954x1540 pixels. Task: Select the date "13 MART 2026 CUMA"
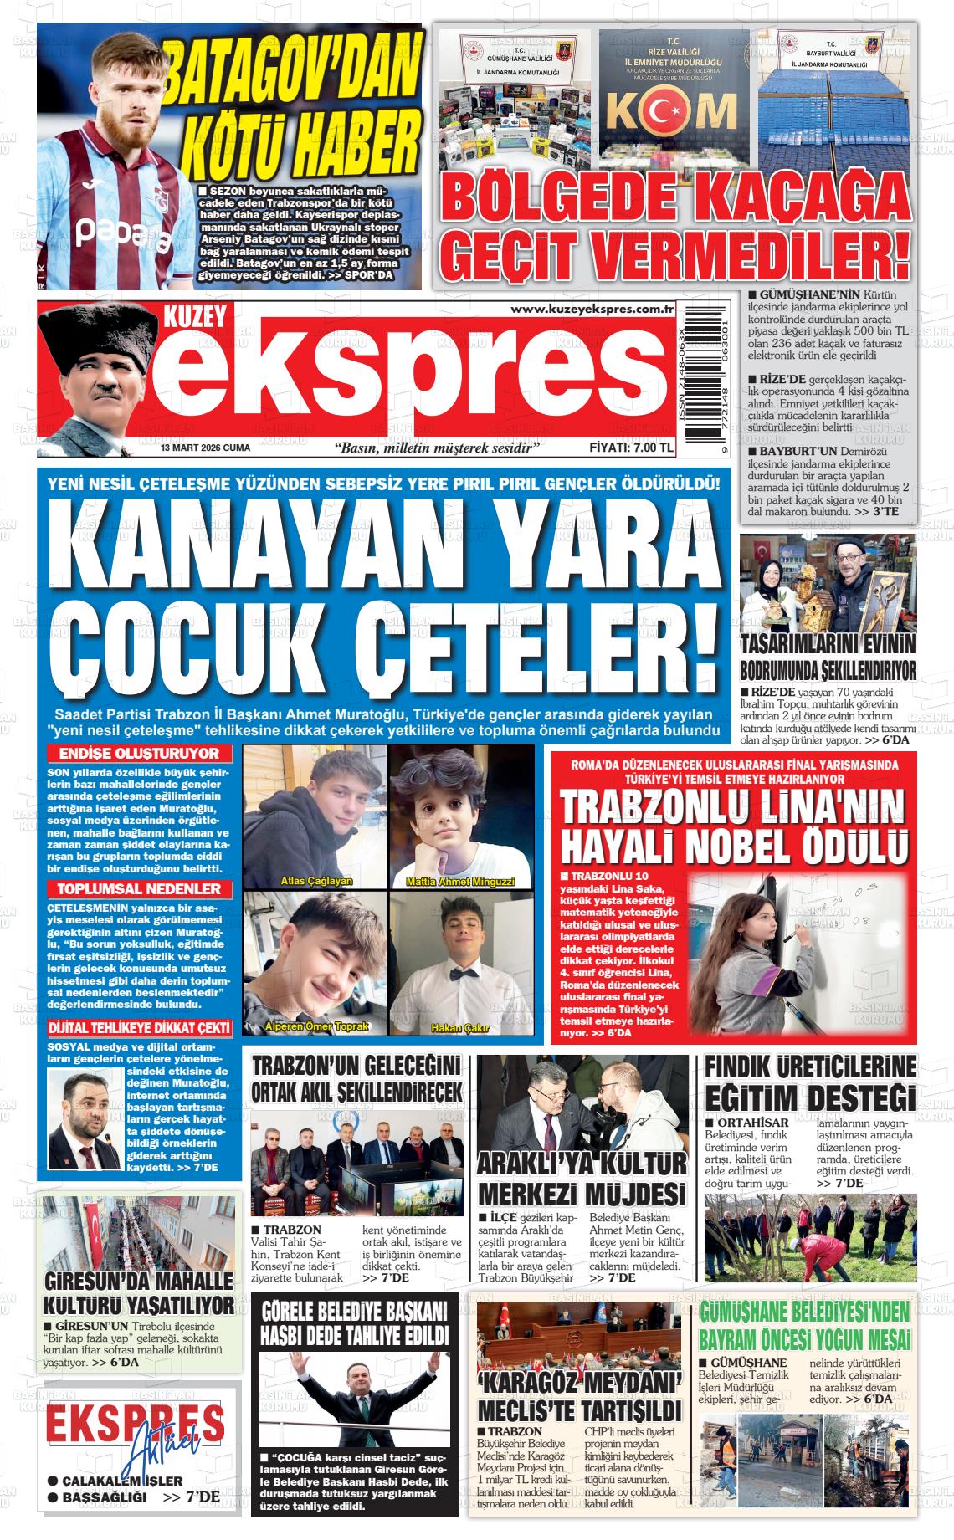pos(206,448)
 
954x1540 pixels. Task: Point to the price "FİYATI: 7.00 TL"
pos(631,448)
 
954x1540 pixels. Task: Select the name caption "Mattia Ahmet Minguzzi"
pos(459,882)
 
